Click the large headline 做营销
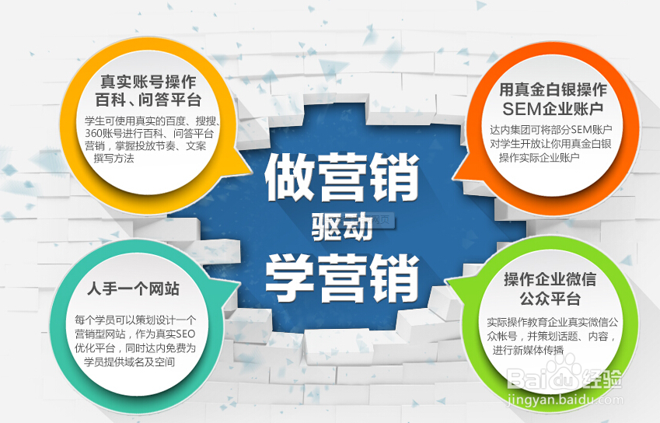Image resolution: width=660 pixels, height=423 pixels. (x=342, y=177)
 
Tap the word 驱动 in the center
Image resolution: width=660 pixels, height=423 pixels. (x=342, y=226)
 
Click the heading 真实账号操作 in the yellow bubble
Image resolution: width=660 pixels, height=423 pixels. (x=148, y=81)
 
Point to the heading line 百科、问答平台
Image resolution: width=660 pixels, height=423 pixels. (x=148, y=100)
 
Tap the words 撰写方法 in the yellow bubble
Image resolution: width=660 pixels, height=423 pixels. (x=113, y=159)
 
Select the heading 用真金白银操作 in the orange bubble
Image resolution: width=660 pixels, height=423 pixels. (x=553, y=89)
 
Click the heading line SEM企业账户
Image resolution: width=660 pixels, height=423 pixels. (x=553, y=109)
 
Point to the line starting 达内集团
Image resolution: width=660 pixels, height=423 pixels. (x=550, y=130)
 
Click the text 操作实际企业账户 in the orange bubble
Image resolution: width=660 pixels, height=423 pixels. (x=540, y=157)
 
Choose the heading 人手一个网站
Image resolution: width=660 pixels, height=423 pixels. (x=133, y=288)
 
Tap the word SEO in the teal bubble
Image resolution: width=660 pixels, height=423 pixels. (x=185, y=334)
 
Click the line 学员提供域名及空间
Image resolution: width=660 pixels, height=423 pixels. (x=129, y=362)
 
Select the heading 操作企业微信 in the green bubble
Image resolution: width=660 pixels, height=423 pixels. (x=550, y=279)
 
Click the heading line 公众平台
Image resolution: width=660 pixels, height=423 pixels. (x=550, y=299)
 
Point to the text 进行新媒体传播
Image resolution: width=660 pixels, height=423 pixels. (x=528, y=350)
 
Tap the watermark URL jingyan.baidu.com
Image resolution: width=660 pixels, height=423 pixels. (x=565, y=399)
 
